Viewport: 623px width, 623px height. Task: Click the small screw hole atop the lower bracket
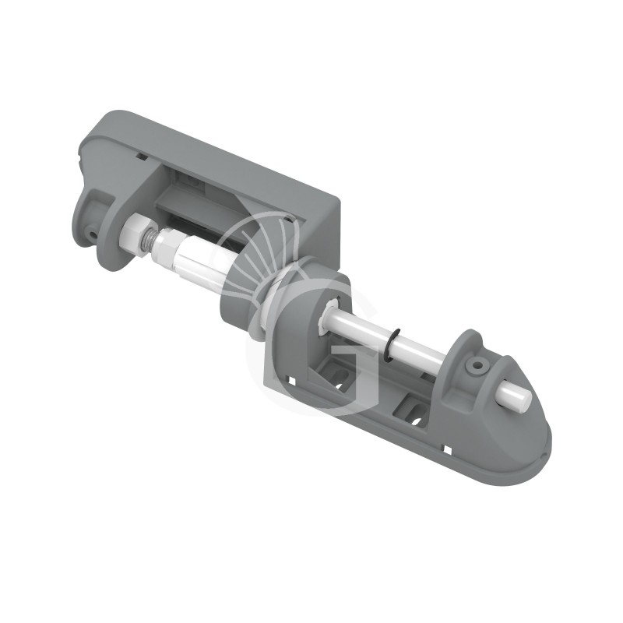pos(473,363)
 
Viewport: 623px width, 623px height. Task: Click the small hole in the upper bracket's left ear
pos(92,231)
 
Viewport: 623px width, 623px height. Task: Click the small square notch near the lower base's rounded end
pos(450,449)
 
